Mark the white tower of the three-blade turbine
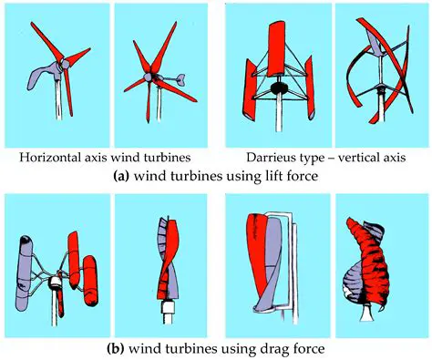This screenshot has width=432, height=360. click(64, 109)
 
